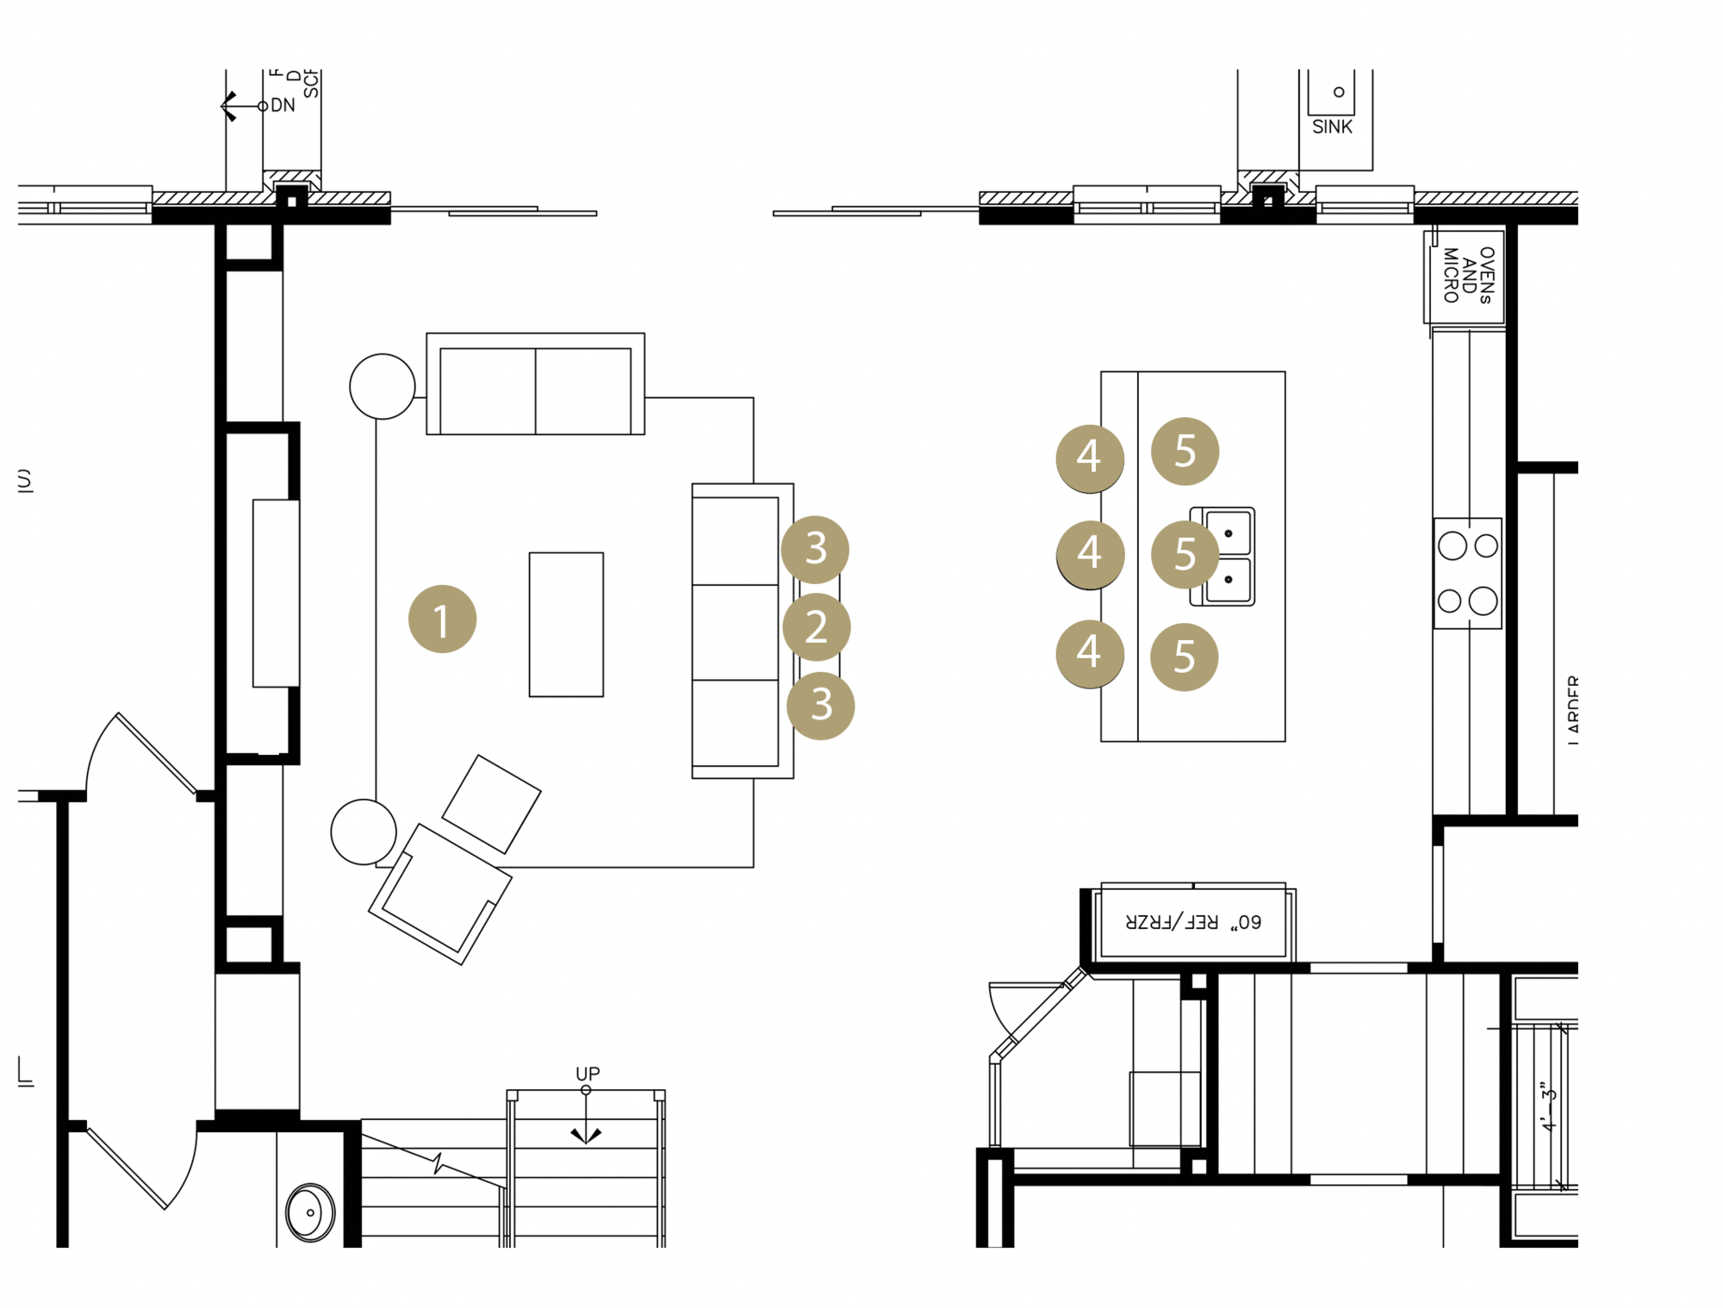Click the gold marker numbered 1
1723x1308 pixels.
point(442,620)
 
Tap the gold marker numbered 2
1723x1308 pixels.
point(816,626)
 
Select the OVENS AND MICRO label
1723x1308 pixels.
point(1468,275)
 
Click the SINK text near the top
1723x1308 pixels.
point(1332,127)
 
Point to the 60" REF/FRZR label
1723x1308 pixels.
point(1193,922)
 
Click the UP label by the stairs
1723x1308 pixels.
point(588,1074)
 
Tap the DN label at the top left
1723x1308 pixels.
point(283,105)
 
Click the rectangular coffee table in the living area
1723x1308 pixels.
point(566,624)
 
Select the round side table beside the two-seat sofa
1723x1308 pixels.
point(383,386)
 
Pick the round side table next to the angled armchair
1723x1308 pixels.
point(364,832)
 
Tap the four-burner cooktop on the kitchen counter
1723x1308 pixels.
point(1467,573)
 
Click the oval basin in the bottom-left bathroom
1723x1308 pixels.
point(310,1212)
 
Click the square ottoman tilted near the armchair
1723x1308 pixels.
point(491,804)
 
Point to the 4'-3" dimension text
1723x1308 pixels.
point(1549,1107)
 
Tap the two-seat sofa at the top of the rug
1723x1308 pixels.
point(535,384)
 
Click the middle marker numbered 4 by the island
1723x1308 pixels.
point(1090,554)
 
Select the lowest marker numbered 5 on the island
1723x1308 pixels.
point(1185,657)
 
